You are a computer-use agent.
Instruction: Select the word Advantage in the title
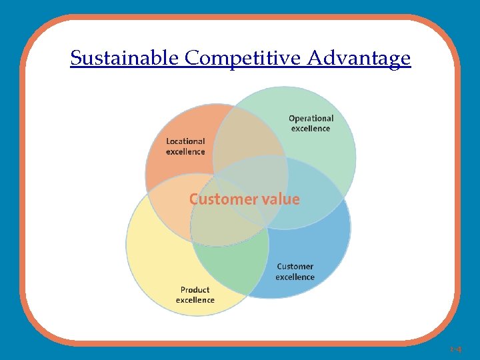click(359, 59)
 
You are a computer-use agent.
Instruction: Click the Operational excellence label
click(311, 123)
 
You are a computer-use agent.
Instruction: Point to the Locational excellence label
click(185, 147)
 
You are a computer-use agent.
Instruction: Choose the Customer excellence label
click(295, 272)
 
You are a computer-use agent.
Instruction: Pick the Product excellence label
click(195, 295)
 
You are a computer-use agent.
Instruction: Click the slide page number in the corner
click(456, 349)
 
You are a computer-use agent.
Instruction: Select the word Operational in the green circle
click(311, 119)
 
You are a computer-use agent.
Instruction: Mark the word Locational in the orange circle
click(185, 141)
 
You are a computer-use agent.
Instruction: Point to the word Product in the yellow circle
click(195, 290)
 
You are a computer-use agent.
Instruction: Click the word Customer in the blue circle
click(295, 267)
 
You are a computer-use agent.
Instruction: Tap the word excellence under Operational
click(311, 129)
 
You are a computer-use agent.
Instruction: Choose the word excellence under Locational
click(185, 152)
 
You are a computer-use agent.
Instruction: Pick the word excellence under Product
click(195, 300)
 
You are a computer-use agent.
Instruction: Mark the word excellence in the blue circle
click(295, 277)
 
